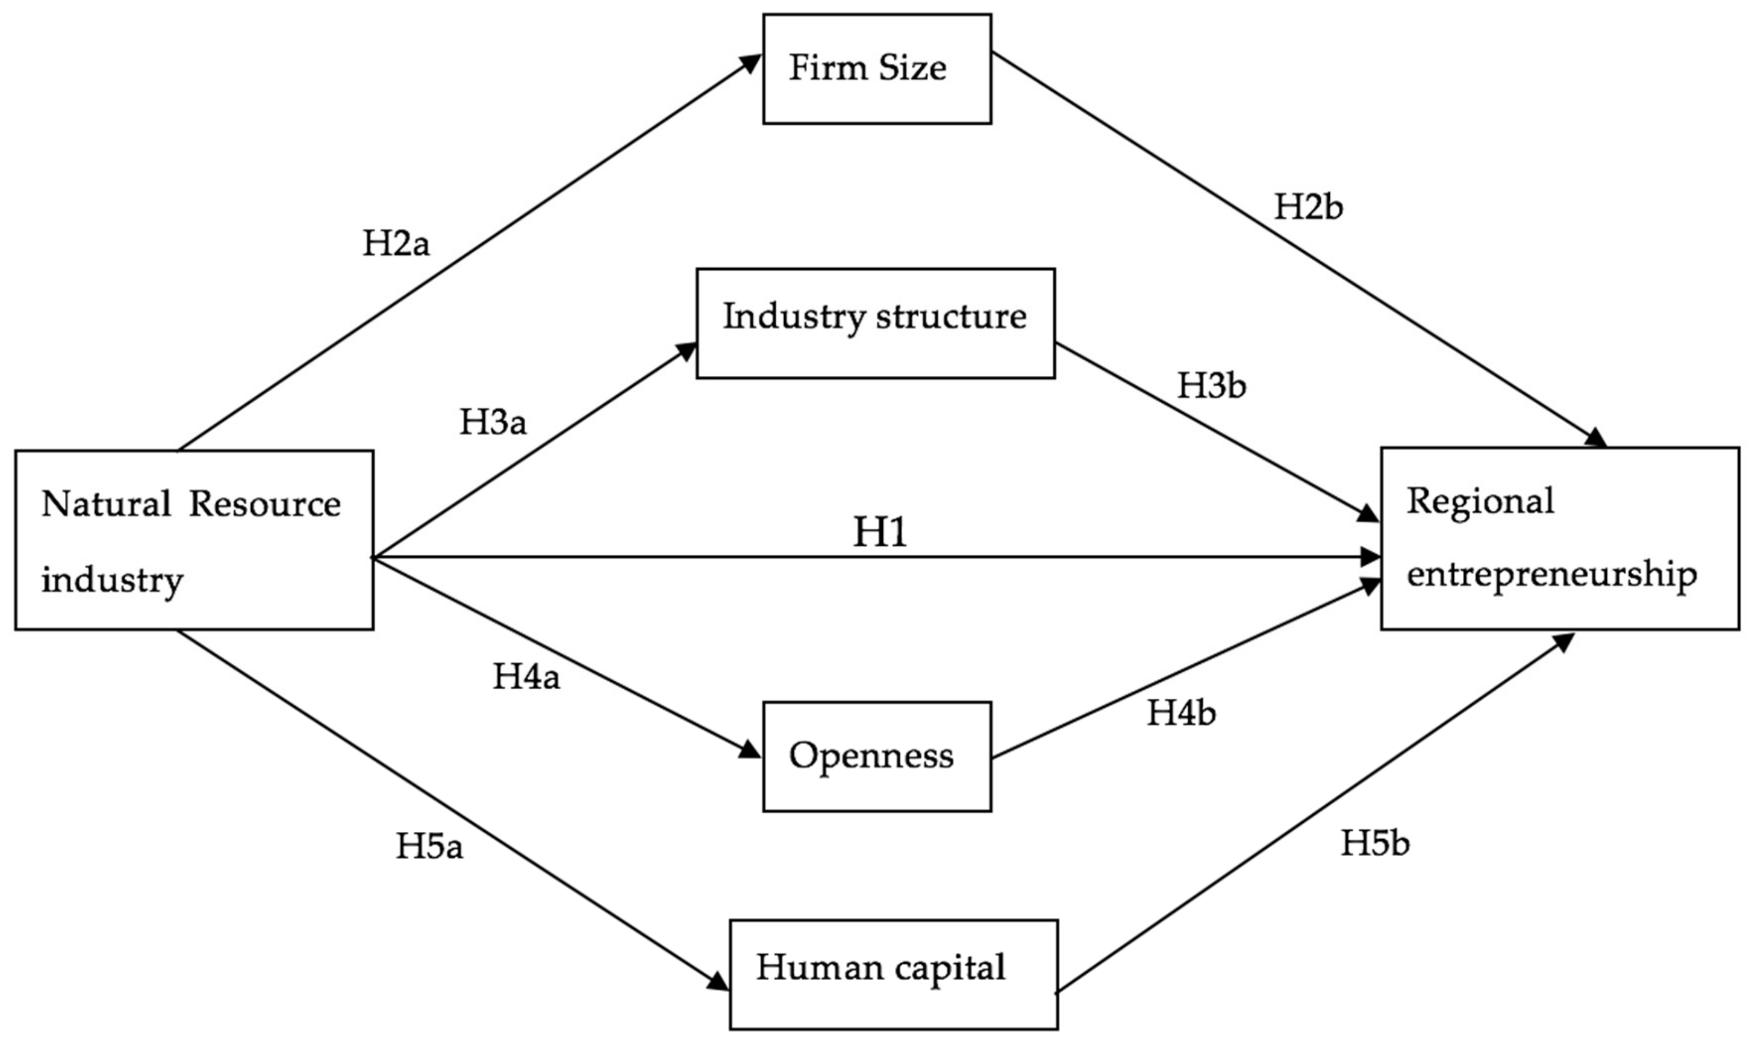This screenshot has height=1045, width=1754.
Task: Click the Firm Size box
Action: [x=877, y=69]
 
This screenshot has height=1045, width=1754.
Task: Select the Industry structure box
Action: [x=875, y=323]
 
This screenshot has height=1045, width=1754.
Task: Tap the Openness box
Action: [x=877, y=756]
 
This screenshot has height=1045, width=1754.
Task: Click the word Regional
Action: [x=1480, y=501]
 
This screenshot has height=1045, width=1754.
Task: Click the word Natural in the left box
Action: [x=106, y=504]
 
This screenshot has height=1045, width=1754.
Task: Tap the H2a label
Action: [x=396, y=244]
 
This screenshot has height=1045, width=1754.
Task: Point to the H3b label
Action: [x=1212, y=386]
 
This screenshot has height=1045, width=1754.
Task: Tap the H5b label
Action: [x=1375, y=843]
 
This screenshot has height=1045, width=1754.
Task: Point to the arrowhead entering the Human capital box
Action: [x=719, y=982]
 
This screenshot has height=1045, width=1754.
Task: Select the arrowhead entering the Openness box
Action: [x=751, y=752]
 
